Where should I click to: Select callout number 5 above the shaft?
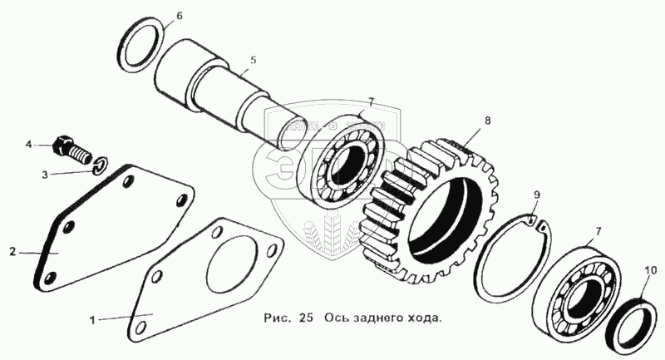254,61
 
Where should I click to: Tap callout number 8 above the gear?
488,121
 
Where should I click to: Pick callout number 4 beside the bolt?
28,145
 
